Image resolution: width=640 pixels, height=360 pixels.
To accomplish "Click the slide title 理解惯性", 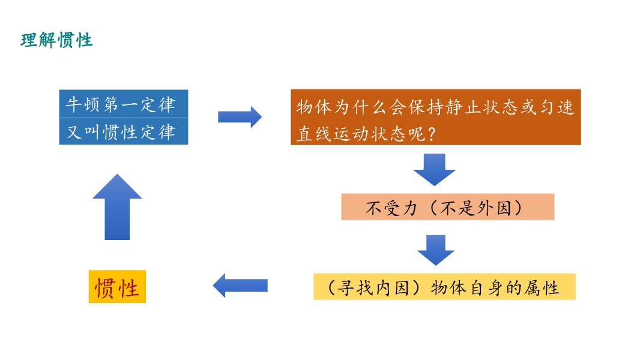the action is pos(56,40).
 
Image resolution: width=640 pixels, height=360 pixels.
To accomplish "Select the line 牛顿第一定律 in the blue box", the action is pos(121,105).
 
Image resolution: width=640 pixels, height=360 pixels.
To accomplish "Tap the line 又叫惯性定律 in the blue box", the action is pos(121,132).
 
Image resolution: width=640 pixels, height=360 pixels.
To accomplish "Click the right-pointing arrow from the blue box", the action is pos(240,117).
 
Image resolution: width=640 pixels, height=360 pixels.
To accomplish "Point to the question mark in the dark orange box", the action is pos(431,134).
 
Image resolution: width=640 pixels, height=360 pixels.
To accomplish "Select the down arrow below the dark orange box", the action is pos(434,170).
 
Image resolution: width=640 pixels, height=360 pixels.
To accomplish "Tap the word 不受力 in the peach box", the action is pos(391,208).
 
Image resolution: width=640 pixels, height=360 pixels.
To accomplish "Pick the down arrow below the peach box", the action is pos(436,250).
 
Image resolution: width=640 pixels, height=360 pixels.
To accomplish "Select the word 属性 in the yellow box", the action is pos(542,288).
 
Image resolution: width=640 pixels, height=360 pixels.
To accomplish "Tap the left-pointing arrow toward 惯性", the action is pos(240,286).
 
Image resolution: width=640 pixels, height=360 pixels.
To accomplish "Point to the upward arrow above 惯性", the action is pos(117,207).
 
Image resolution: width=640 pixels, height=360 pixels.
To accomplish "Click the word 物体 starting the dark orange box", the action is pos(314,107).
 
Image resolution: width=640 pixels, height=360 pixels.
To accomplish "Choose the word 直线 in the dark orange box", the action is pos(314,134).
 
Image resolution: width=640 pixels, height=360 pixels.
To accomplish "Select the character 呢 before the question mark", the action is pos(417,134).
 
